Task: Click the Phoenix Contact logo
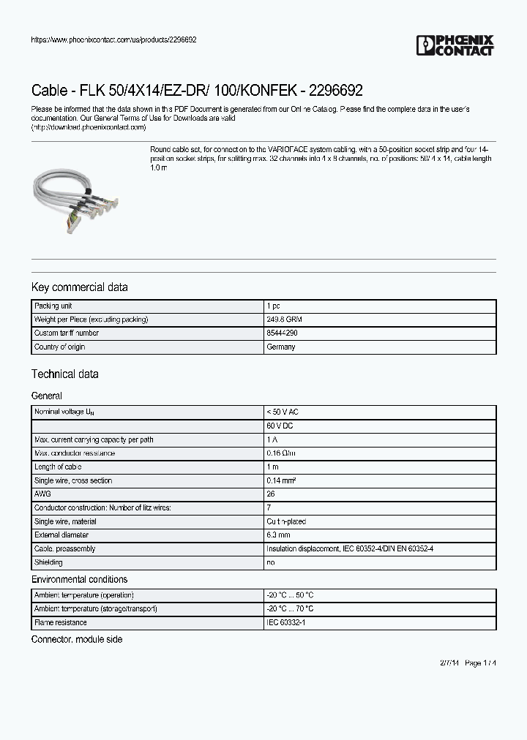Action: [455, 45]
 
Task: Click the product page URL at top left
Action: [113, 39]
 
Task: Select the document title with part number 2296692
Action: [197, 91]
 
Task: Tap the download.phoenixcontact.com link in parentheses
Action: [89, 127]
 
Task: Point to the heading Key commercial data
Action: [79, 287]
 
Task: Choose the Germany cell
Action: [281, 347]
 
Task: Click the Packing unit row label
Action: [53, 306]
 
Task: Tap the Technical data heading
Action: [64, 374]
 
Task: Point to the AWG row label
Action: [42, 494]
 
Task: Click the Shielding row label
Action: [49, 562]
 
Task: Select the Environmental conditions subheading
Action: [79, 579]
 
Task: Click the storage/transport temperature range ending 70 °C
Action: [291, 608]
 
